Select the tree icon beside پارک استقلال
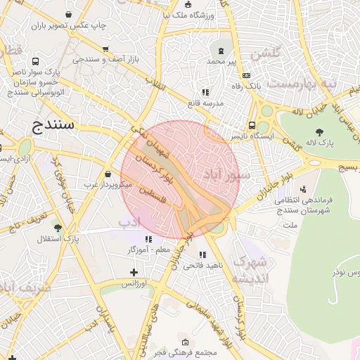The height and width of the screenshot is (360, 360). point(58,228)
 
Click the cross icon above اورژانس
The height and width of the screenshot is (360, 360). point(134,272)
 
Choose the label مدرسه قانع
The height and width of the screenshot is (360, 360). point(205,103)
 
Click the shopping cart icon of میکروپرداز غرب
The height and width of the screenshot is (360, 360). point(107,174)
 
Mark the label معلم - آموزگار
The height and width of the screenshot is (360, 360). point(152,250)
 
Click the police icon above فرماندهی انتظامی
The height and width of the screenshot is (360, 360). point(303,188)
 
